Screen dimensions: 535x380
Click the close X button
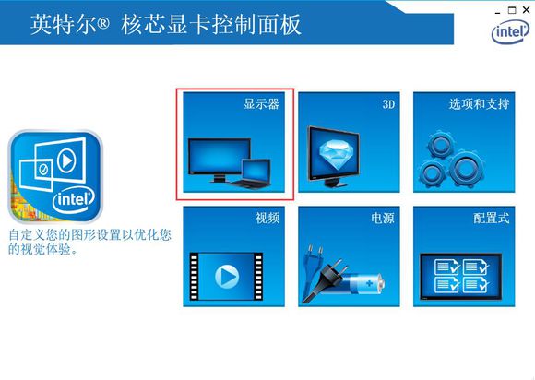[x=526, y=10]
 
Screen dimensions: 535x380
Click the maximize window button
[x=512, y=10]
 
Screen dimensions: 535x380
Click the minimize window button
[x=497, y=13]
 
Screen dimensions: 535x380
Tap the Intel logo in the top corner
[x=510, y=31]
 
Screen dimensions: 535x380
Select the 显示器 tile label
[x=261, y=103]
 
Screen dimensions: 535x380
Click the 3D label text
[x=388, y=103]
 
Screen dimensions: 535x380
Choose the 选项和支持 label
[x=479, y=103]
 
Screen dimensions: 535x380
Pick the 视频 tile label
[x=267, y=218]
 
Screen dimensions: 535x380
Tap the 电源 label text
[x=383, y=218]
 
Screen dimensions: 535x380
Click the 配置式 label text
[x=492, y=218]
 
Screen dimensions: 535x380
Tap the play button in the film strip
[x=227, y=276]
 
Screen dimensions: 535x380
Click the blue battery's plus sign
[x=369, y=283]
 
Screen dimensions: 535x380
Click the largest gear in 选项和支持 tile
[x=465, y=170]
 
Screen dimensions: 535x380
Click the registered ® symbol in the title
[x=103, y=23]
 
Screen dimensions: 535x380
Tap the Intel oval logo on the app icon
[x=74, y=200]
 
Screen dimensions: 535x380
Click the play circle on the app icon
[x=66, y=160]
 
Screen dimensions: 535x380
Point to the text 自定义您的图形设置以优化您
[x=89, y=234]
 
